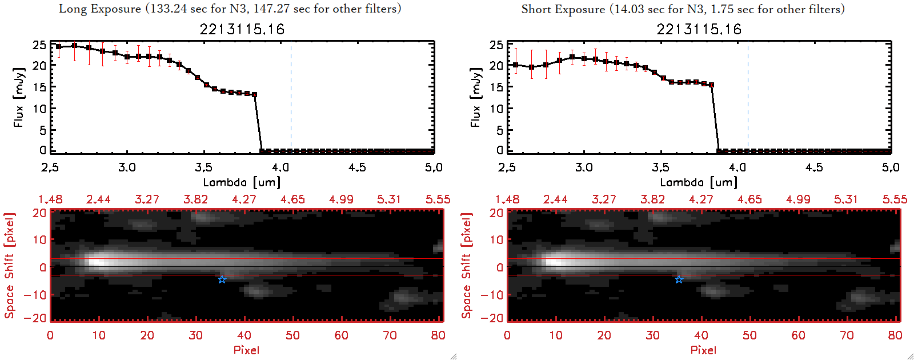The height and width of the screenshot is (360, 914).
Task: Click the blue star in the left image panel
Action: pyautogui.click(x=222, y=279)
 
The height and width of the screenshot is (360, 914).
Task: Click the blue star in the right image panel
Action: pyautogui.click(x=679, y=279)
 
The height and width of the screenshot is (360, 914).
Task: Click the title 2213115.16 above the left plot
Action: pyautogui.click(x=242, y=29)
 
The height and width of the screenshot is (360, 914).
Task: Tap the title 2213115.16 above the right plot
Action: pyautogui.click(x=699, y=29)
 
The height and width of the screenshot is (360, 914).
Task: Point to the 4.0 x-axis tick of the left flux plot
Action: pyautogui.click(x=280, y=167)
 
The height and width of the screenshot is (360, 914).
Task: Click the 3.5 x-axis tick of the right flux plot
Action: pyautogui.click(x=660, y=167)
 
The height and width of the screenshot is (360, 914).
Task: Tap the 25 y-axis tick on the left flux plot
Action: pyautogui.click(x=39, y=45)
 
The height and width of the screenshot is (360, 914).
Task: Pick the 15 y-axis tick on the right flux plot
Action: pyautogui.click(x=496, y=87)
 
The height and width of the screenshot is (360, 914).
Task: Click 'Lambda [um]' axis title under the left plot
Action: pyautogui.click(x=242, y=182)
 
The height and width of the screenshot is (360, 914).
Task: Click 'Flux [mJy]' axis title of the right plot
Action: pyautogui.click(x=475, y=97)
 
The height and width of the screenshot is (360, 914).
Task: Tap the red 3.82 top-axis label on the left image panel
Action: pyautogui.click(x=195, y=199)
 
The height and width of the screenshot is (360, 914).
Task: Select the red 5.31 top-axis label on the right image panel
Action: pyautogui.click(x=846, y=199)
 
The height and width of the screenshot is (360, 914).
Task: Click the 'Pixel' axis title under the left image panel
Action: pyautogui.click(x=246, y=350)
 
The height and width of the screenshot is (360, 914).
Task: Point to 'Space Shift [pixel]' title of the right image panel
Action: pyautogui.click(x=467, y=266)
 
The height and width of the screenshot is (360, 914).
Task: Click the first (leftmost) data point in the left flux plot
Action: pyautogui.click(x=58, y=47)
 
